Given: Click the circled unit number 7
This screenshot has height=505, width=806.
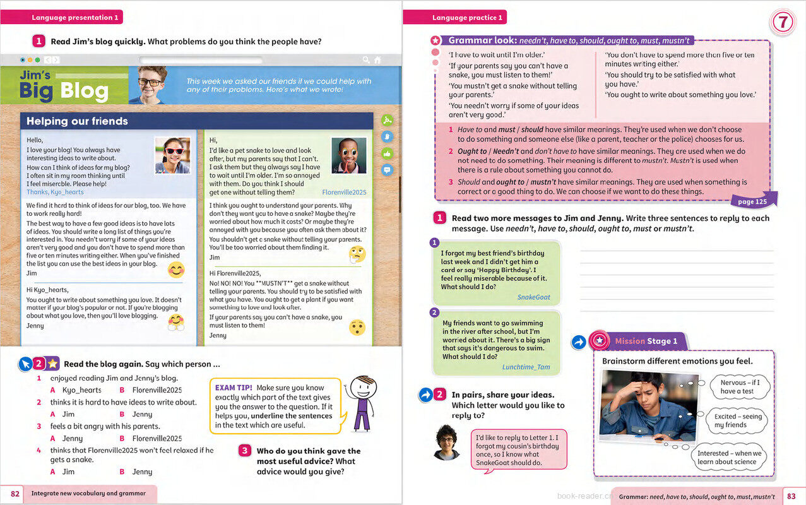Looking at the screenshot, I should click(782, 23).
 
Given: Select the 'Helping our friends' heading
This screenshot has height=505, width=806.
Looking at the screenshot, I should click(77, 121).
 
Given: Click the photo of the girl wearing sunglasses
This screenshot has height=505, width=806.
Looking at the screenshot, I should click(172, 155).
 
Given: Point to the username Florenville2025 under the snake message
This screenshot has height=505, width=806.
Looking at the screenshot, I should click(344, 192).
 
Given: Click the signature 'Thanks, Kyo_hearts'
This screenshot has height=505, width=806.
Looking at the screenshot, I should click(55, 192).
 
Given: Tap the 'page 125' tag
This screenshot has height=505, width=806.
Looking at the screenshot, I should click(752, 202).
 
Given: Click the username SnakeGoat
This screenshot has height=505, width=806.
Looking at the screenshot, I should click(533, 297).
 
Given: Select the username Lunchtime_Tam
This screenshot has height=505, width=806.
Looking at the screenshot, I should click(526, 367).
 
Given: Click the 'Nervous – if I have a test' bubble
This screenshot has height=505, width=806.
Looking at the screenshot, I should click(740, 386).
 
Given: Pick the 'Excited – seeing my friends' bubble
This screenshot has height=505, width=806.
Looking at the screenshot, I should click(738, 420).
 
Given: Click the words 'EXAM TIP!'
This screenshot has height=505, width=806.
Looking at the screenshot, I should click(234, 388).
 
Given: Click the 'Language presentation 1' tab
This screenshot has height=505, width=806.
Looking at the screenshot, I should click(74, 18).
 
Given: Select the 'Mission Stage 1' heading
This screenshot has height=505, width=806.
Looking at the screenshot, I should click(645, 342).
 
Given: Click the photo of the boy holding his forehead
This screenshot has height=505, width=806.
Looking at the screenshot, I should click(647, 405).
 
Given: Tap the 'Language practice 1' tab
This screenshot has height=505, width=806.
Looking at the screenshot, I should click(467, 18).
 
